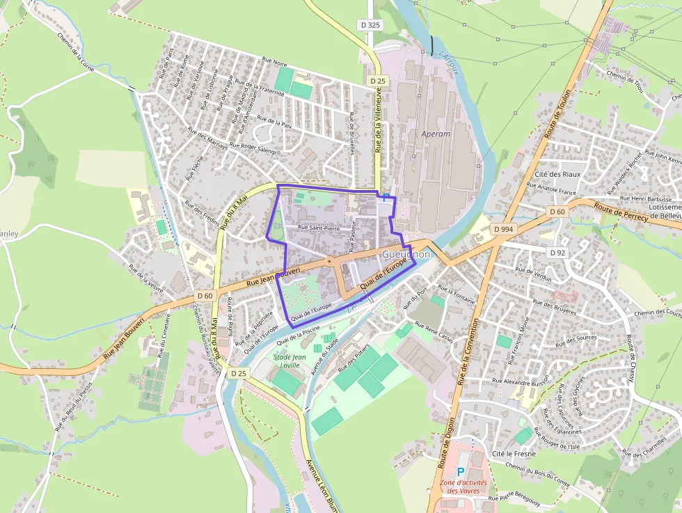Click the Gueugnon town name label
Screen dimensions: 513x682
[x=406, y=255]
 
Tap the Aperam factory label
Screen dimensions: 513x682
[x=436, y=134]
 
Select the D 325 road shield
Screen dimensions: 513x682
[x=371, y=24]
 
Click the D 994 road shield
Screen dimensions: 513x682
[x=503, y=229]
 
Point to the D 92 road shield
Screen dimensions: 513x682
[x=557, y=253]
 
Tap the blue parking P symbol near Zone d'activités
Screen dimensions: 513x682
[x=460, y=471]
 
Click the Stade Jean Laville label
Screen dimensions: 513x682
[x=286, y=361]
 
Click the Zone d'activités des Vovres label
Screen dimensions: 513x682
[x=463, y=486]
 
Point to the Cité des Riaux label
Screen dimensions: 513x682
[x=557, y=174]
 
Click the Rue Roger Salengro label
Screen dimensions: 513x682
[x=255, y=148]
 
